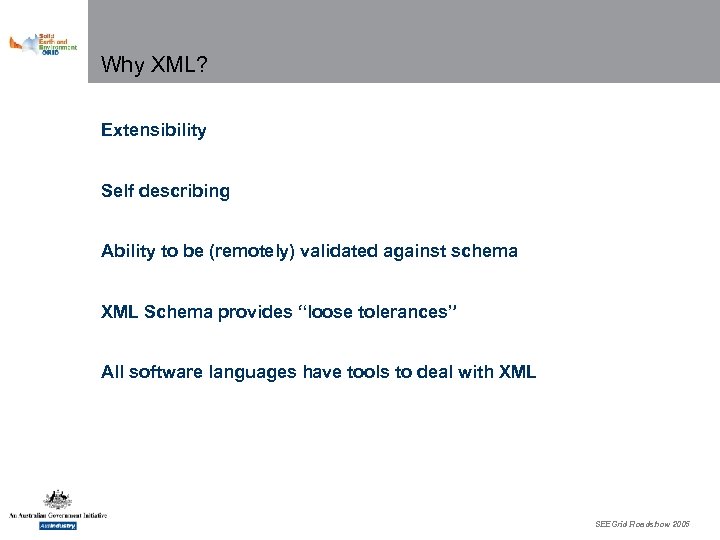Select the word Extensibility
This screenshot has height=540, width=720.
pos(153,130)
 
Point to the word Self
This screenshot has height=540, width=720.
pos(116,191)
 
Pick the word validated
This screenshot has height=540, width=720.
pos(332,251)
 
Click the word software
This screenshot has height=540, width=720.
pos(160,372)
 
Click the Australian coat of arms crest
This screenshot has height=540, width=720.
pos(56,500)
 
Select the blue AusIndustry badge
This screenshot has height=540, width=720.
pos(56,525)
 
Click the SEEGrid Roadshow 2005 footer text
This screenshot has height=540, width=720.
pos(642,524)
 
